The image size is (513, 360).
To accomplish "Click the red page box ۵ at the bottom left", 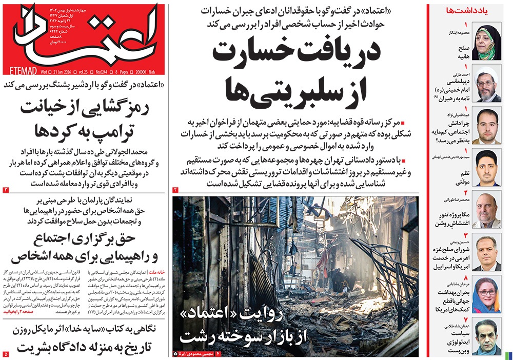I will point(6,354).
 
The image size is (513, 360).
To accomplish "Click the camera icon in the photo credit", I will point(175,354).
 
